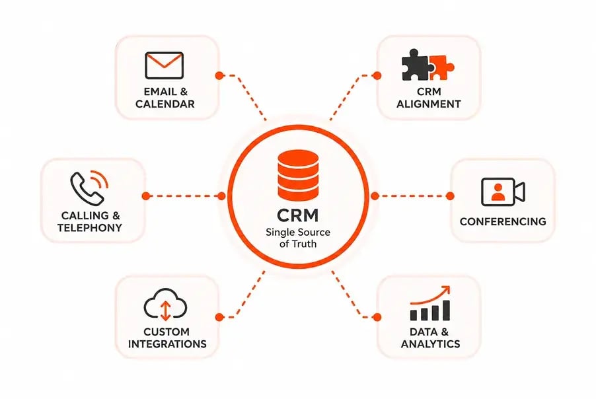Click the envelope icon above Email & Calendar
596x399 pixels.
pyautogui.click(x=165, y=65)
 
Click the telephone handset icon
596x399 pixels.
pyautogui.click(x=87, y=189)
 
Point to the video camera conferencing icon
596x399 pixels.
pyautogui.click(x=503, y=192)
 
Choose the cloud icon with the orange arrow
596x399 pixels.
pyautogui.click(x=165, y=305)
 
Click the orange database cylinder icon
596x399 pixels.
pyautogui.click(x=298, y=175)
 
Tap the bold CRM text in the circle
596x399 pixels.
pyautogui.click(x=297, y=215)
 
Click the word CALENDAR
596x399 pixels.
pyautogui.click(x=165, y=104)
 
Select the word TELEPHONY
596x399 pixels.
pyautogui.click(x=90, y=228)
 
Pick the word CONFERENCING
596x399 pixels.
pyautogui.click(x=503, y=221)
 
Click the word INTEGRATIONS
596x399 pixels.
pyautogui.click(x=167, y=344)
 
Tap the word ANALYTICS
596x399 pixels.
pyautogui.click(x=430, y=344)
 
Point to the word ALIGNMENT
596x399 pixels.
pyautogui.click(x=429, y=104)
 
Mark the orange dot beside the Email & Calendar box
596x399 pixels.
pyautogui.click(x=219, y=75)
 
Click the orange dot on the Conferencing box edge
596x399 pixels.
pyautogui.click(x=450, y=196)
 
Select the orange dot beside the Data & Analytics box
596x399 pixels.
pyautogui.click(x=377, y=317)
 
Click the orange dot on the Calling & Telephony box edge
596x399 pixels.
pyautogui.click(x=145, y=196)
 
